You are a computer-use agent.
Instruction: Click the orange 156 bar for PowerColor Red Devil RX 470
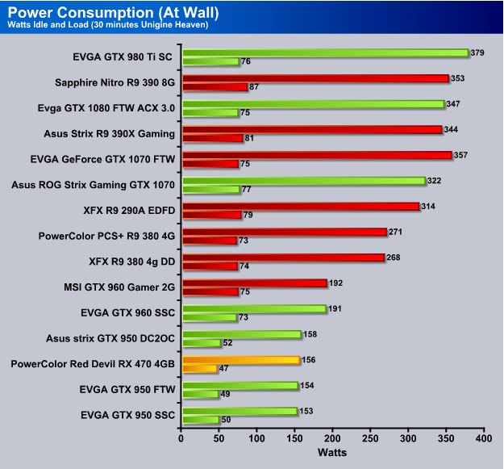(241, 360)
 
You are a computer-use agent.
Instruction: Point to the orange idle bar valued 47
(200, 369)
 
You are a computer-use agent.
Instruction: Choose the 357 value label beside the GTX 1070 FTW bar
(462, 154)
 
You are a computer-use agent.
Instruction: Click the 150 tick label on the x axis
(295, 439)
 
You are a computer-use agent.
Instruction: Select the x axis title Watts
(332, 453)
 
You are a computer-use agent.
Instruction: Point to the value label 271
(394, 232)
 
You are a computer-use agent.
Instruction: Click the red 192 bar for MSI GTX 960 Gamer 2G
(255, 283)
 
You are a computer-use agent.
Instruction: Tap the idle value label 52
(229, 343)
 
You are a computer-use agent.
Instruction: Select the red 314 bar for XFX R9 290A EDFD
(301, 207)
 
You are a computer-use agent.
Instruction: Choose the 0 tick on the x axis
(182, 439)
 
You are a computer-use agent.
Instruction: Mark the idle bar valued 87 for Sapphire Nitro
(215, 87)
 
